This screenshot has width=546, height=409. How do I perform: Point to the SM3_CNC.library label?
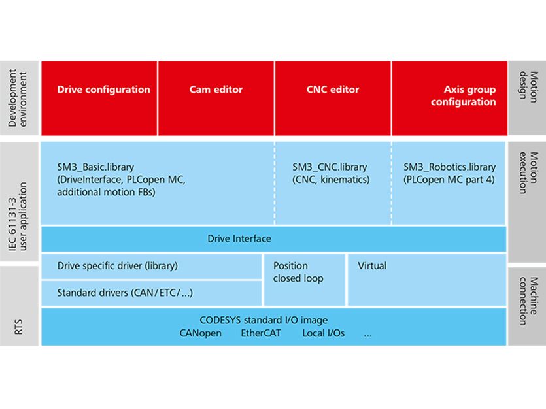click(x=330, y=167)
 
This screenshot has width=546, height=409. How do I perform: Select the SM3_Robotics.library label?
click(x=450, y=167)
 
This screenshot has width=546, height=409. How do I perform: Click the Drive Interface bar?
click(x=239, y=239)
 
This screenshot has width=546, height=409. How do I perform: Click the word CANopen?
click(x=200, y=333)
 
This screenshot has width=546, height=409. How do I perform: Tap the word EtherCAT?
click(x=262, y=333)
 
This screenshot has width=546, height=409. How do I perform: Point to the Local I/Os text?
click(x=323, y=333)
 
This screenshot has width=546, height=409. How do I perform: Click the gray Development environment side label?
click(x=19, y=98)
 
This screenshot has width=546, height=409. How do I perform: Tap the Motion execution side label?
click(x=526, y=173)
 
